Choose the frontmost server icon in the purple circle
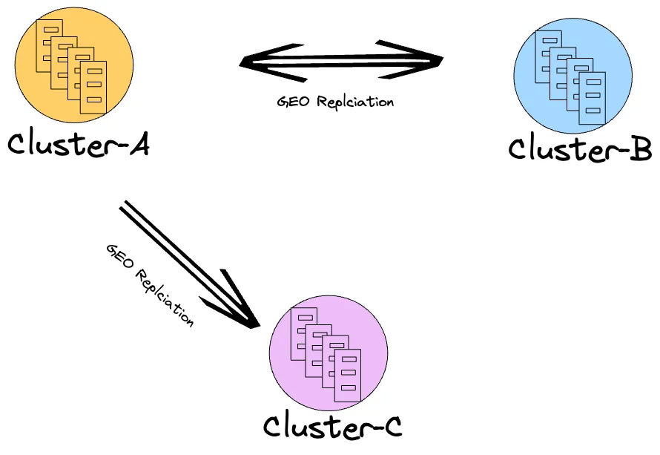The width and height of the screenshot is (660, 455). coord(346,376)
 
